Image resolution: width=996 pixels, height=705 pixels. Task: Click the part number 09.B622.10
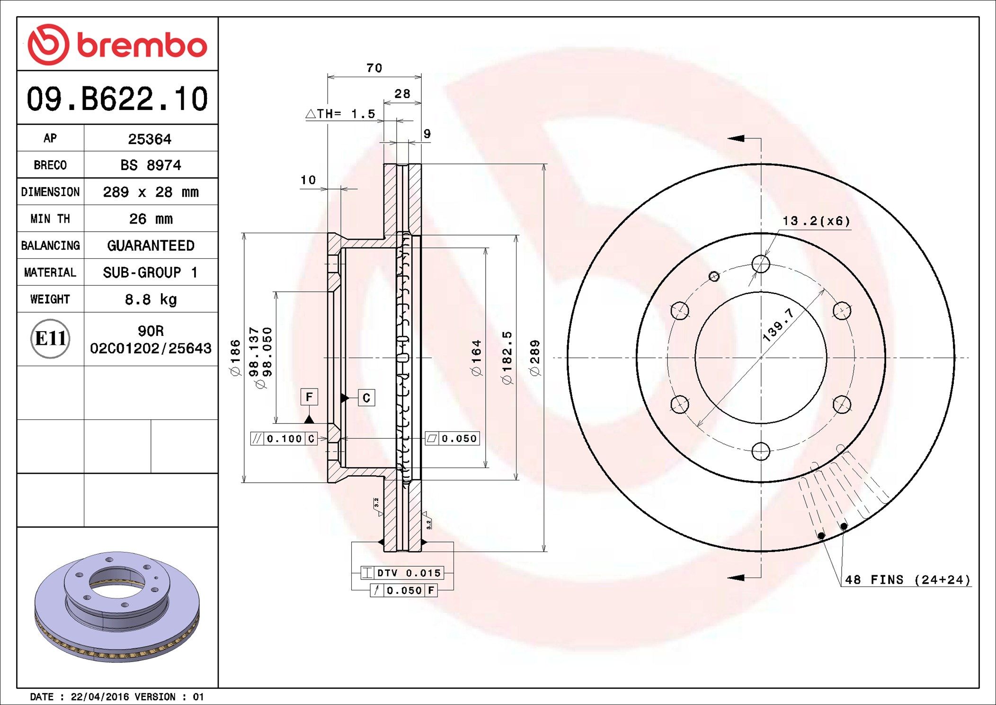point(117,99)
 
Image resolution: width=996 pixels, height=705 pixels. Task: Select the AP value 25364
point(150,139)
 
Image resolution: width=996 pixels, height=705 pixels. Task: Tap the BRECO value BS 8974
point(151,165)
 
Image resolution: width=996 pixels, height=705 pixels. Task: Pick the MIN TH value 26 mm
point(151,219)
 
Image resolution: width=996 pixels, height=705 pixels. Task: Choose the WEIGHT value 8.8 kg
point(151,299)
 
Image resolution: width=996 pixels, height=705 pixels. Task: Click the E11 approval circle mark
point(50,339)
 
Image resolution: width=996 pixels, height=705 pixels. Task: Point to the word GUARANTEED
point(151,246)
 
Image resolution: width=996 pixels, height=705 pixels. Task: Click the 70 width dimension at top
point(374,68)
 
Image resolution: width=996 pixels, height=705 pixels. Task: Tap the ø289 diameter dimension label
point(535,358)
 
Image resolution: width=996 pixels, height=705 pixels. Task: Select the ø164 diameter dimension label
point(476,358)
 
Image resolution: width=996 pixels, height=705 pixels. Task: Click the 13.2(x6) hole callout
point(816,221)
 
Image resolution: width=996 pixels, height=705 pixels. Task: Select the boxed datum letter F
point(309,397)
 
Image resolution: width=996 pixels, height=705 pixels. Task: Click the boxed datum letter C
point(366,398)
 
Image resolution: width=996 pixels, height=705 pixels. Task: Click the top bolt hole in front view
point(761,264)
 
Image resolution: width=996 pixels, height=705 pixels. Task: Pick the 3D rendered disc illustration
point(117,606)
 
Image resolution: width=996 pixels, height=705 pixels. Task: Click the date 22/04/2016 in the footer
point(99,697)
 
